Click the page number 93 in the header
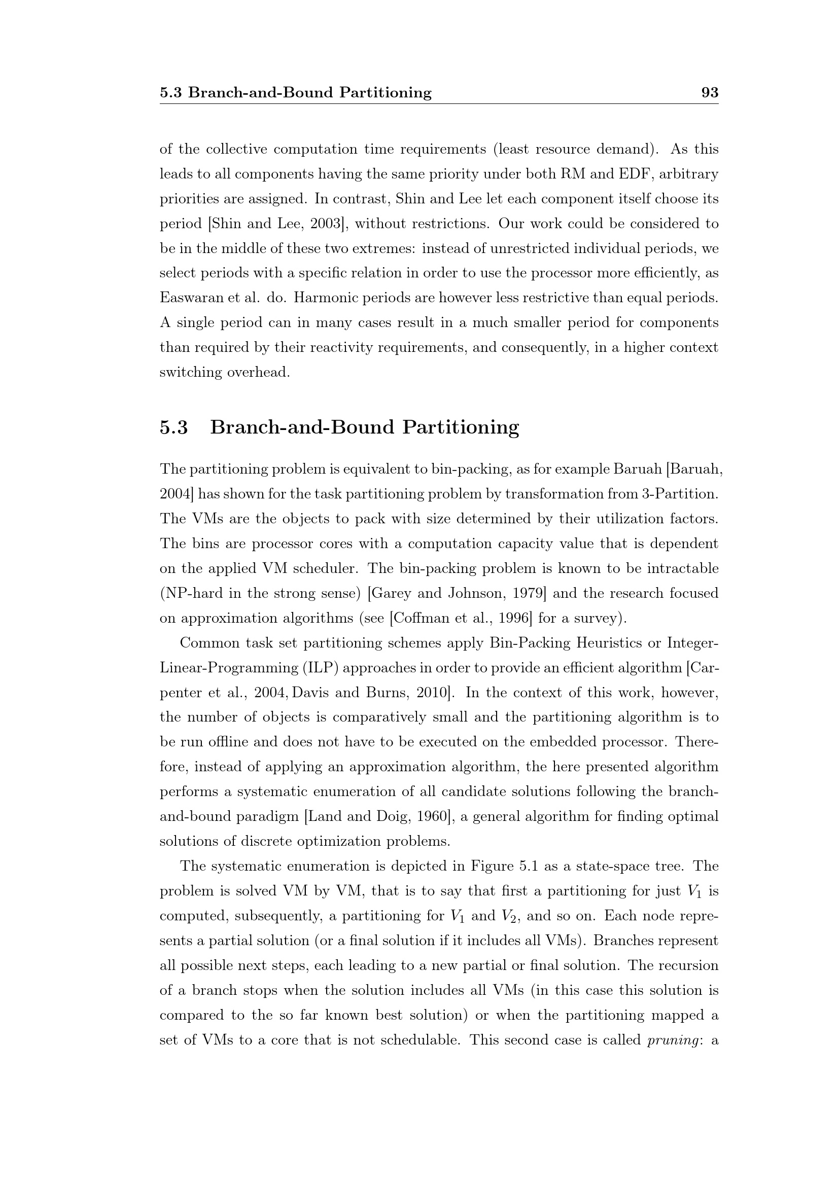(709, 93)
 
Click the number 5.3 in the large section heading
(173, 428)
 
